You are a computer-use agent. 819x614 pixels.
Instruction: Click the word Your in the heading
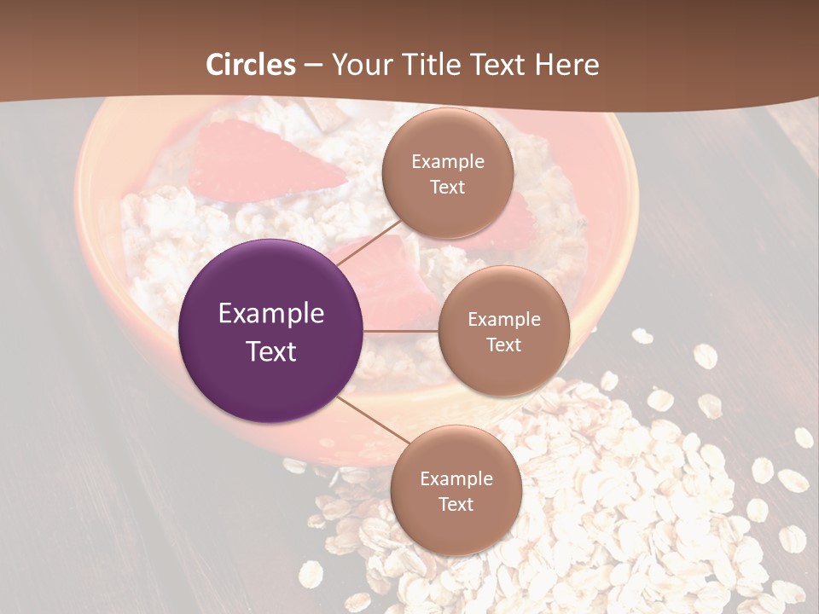(362, 65)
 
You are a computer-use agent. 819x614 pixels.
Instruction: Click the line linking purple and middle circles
(401, 331)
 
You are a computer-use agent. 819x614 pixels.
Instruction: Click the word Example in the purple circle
(271, 314)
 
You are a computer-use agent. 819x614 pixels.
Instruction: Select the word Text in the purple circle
(271, 351)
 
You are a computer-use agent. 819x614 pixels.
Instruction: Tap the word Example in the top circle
(448, 162)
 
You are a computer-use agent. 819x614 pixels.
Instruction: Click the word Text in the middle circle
(503, 345)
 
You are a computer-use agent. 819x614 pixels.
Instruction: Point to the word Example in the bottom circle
(456, 479)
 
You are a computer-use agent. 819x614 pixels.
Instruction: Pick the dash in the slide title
(313, 65)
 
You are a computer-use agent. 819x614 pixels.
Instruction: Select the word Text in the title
(497, 65)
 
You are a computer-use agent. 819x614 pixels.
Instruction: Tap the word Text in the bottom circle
(456, 505)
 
